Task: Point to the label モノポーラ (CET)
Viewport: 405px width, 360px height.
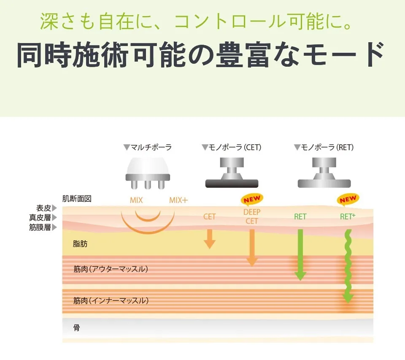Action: pos(232,148)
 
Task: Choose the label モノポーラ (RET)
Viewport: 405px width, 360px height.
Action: pos(324,148)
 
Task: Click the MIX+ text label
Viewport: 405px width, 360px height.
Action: pos(178,200)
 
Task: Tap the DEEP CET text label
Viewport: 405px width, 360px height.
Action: pos(252,217)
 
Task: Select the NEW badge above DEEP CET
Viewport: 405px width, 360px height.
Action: pos(252,199)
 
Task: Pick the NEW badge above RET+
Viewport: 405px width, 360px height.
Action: pos(348,199)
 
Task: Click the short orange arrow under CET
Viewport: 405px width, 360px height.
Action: pos(209,238)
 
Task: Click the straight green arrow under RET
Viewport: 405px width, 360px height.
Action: pos(300,254)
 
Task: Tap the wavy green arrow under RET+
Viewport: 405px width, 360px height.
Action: pos(348,266)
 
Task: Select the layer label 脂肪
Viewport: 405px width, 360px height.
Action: pos(80,244)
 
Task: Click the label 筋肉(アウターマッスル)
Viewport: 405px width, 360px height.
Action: pos(111,269)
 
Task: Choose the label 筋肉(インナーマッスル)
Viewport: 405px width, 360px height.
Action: pos(111,300)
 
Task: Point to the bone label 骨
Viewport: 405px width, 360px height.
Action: pos(76,328)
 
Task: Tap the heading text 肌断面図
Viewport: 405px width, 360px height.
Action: pos(77,199)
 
